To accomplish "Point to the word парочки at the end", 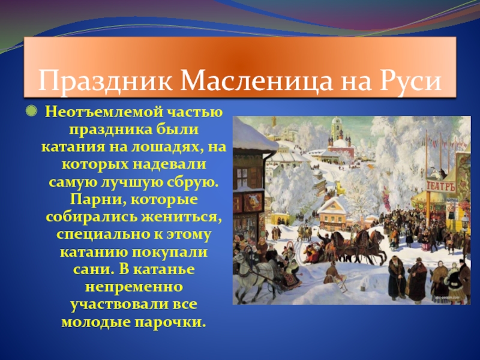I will coord(174,322).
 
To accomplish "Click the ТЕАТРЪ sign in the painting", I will coord(441,186).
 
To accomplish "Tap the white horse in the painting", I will coord(247,265).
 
